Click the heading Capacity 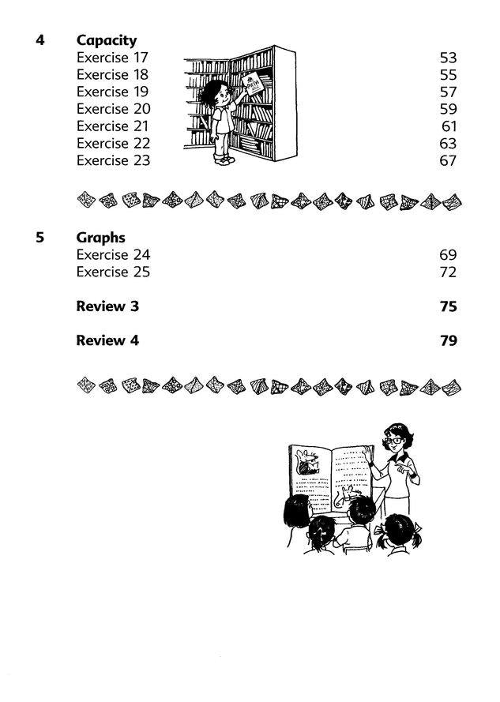[x=106, y=40]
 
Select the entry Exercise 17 [x=112, y=58]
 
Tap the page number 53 [x=448, y=58]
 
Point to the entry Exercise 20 [x=113, y=109]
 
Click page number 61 [x=449, y=126]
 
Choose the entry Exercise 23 [x=113, y=160]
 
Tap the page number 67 [x=448, y=160]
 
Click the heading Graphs [x=100, y=238]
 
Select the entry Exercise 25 [x=113, y=272]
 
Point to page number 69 [x=448, y=255]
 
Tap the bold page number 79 [x=448, y=341]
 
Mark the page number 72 [x=448, y=272]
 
